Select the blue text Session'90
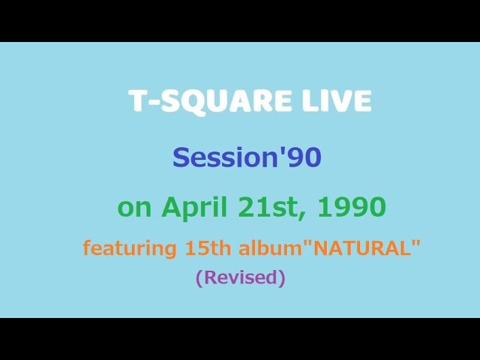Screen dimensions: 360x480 (247, 157)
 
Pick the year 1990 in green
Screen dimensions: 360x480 (352, 207)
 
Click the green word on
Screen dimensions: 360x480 (134, 207)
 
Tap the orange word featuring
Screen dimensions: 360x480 (127, 248)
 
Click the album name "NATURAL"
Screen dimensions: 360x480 (361, 247)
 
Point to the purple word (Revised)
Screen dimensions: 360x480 (240, 277)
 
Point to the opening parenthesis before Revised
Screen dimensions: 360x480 (199, 277)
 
